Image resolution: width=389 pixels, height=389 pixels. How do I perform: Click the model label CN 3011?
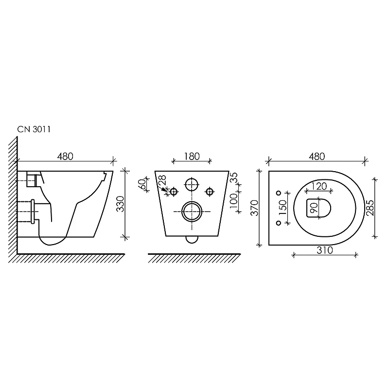point(34,129)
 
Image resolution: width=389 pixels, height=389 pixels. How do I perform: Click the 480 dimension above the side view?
point(65,157)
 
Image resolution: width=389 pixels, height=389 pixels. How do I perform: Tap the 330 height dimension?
point(120,204)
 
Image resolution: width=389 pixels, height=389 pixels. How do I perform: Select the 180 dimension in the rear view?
point(192,157)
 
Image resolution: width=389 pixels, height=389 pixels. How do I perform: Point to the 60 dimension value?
point(142,184)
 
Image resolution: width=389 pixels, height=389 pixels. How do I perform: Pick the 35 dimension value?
point(234,177)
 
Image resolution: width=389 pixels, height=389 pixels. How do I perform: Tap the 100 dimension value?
point(233,201)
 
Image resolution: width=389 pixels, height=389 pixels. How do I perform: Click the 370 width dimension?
point(254,208)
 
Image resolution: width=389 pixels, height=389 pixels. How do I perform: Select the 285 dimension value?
point(370,208)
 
